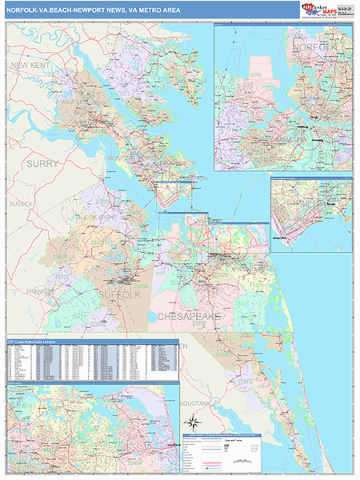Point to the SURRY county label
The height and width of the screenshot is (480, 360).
42,163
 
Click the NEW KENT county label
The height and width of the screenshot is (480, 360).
31,65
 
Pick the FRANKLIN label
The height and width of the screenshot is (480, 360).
38,292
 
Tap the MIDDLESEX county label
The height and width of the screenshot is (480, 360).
162,38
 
